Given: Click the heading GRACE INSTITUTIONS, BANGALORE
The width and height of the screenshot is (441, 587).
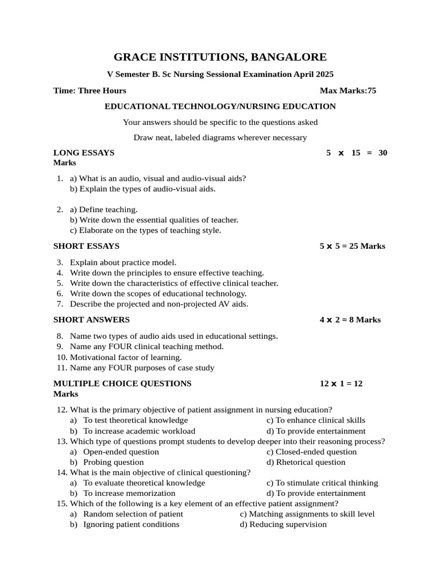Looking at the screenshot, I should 220,57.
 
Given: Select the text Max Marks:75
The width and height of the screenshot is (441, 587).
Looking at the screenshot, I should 347,91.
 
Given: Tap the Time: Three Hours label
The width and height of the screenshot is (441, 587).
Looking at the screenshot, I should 90,91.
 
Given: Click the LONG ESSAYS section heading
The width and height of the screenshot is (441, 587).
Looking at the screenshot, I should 84,152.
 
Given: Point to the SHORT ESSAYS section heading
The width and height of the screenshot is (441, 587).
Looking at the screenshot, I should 86,246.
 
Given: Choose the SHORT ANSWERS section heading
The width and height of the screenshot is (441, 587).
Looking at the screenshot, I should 91,319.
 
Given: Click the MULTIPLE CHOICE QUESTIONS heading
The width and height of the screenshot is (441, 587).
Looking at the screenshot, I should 122,383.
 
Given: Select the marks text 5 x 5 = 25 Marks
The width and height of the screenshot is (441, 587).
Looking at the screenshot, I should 352,246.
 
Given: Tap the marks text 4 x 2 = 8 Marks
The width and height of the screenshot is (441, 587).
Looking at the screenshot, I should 350,319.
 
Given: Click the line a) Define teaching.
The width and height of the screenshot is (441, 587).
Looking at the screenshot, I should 103,210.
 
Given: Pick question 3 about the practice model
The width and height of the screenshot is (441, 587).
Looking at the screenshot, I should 123,262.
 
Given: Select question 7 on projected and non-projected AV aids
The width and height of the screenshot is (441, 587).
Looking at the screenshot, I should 158,304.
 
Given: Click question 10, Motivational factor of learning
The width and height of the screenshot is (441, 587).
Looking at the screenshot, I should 125,357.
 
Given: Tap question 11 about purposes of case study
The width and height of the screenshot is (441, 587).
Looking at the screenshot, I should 142,367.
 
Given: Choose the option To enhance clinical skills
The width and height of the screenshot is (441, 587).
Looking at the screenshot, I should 316,420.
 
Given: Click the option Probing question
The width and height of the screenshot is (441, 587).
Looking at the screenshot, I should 113,462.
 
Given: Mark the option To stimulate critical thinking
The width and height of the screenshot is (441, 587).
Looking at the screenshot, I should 322,483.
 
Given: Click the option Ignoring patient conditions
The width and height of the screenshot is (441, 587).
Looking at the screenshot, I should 131,524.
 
